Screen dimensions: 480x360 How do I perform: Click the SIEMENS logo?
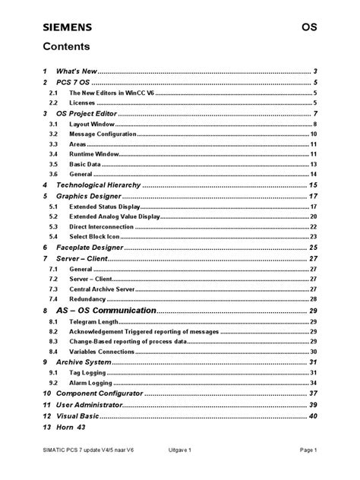click(x=67, y=27)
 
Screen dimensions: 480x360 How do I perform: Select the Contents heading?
click(x=67, y=46)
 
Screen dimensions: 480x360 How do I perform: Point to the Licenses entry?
click(x=83, y=102)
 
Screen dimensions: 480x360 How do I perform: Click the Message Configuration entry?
click(x=103, y=134)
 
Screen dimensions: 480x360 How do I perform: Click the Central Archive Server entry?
click(x=104, y=289)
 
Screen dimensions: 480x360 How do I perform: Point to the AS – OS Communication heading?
click(x=106, y=311)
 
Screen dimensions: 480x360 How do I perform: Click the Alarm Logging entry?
click(x=91, y=384)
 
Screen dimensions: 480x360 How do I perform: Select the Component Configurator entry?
click(x=99, y=394)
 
